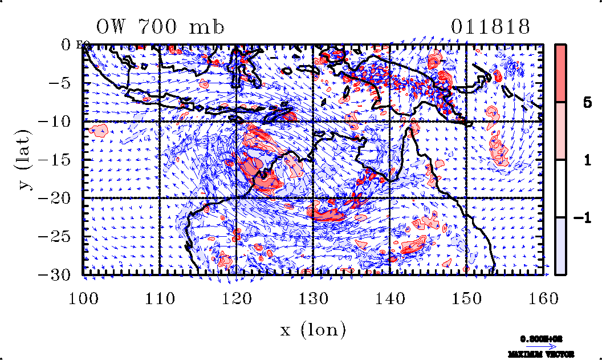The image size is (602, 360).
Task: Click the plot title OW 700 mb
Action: pos(160,27)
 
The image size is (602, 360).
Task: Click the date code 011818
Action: pos(491,27)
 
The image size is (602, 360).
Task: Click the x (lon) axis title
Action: pos(313,329)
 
